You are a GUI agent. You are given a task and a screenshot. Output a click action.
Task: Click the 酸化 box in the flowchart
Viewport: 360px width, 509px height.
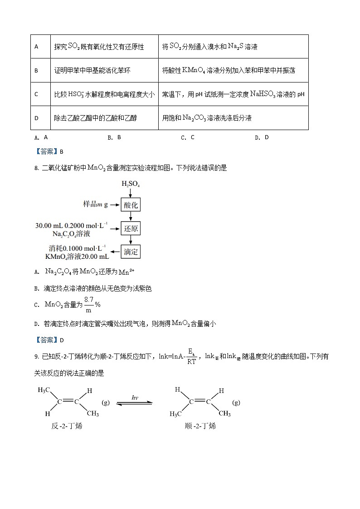click(x=131, y=205)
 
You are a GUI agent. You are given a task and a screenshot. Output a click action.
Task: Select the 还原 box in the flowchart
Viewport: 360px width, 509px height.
click(x=131, y=228)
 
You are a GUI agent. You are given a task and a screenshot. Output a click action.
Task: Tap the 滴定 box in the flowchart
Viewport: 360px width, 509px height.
click(x=131, y=252)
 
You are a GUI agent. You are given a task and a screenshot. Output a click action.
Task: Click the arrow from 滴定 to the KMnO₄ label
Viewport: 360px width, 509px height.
click(x=115, y=252)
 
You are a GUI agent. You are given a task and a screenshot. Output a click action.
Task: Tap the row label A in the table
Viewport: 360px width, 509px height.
click(x=36, y=47)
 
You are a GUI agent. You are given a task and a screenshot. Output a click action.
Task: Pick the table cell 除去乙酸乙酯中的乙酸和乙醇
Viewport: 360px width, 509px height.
click(x=95, y=118)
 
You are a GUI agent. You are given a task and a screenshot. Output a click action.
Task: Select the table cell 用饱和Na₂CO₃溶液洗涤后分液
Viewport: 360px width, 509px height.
click(x=207, y=118)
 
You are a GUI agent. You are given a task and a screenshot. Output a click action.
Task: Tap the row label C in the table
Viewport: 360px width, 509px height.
click(x=36, y=94)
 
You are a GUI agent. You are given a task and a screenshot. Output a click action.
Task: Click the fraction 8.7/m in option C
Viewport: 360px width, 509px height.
click(x=88, y=305)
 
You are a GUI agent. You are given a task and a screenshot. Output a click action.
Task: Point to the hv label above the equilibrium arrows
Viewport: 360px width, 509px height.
click(x=135, y=398)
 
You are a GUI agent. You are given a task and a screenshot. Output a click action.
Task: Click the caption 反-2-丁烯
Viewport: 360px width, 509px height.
click(x=67, y=426)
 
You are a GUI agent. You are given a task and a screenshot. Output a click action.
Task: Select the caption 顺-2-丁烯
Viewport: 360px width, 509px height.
click(x=200, y=426)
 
